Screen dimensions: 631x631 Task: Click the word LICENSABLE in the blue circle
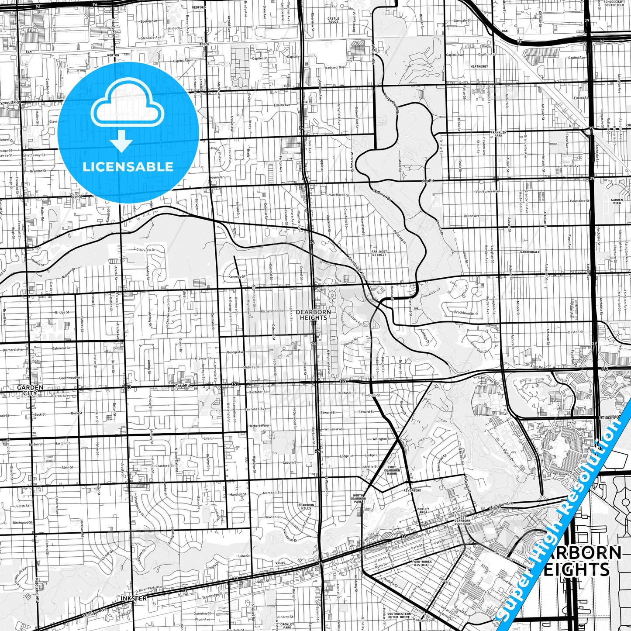pyautogui.click(x=128, y=167)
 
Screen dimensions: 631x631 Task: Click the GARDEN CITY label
pyautogui.click(x=30, y=390)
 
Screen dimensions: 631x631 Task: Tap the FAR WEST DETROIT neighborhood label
pyautogui.click(x=379, y=253)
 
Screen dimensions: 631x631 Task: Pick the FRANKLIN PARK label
pyautogui.click(x=498, y=134)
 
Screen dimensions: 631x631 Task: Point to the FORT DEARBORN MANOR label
pyautogui.click(x=392, y=470)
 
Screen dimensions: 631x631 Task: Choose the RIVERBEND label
pyautogui.click(x=412, y=490)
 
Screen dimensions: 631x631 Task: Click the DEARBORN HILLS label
pyautogui.click(x=306, y=507)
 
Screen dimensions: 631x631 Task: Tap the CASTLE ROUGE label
pyautogui.click(x=333, y=20)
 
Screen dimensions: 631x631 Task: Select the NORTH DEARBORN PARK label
pyautogui.click(x=358, y=498)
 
